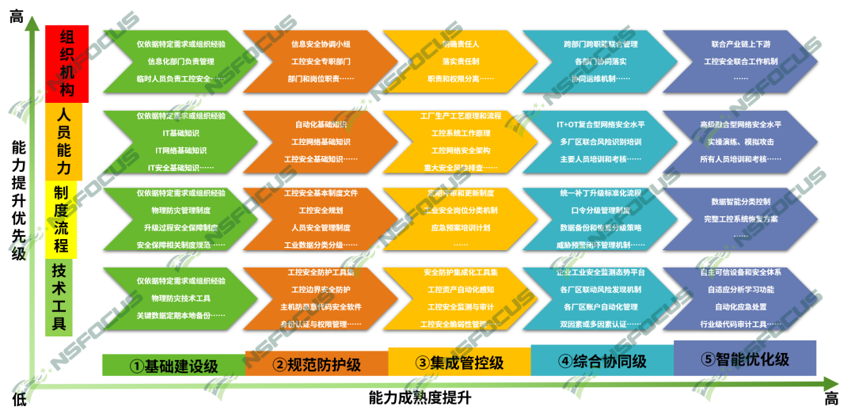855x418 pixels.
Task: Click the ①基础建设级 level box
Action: coord(173,365)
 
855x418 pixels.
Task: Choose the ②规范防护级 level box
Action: coord(316,364)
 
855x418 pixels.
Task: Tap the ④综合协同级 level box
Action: coord(602,361)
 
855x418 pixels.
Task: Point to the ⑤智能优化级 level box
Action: coord(745,359)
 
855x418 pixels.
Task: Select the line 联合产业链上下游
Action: coord(740,44)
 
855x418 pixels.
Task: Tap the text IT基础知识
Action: coord(180,133)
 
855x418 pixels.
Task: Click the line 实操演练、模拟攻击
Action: coord(741,142)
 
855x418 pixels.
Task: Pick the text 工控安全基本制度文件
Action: coord(321,193)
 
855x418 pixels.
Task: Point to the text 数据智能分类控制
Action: coord(740,202)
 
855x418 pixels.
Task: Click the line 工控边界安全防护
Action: coord(321,289)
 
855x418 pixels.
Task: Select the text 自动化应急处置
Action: coord(741,306)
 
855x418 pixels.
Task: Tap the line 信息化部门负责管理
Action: coord(180,61)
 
